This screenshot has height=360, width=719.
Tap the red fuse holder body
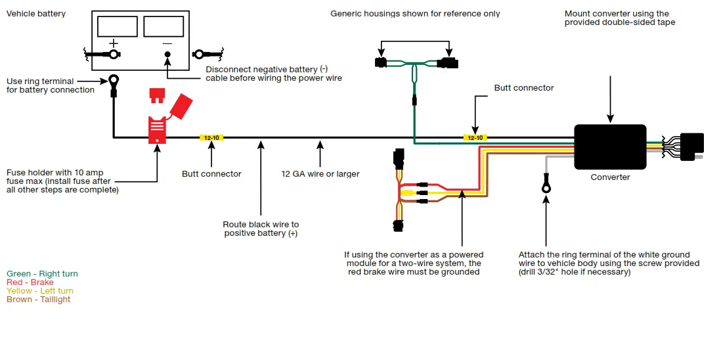point(157,130)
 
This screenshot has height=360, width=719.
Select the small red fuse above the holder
point(156,96)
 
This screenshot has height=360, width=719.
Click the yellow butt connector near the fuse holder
point(211,138)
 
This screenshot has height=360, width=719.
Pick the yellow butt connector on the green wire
point(474,138)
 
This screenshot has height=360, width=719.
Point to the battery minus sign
point(167,43)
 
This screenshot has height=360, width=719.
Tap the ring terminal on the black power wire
point(114,81)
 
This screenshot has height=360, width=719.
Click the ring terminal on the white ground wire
point(546,187)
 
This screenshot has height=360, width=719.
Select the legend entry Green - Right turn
point(42,274)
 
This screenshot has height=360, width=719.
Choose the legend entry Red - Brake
point(30,282)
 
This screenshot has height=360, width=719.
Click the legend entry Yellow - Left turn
point(40,291)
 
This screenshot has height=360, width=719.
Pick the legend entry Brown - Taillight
point(38,300)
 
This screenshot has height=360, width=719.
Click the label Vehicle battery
point(36,14)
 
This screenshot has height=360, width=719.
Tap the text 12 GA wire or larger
point(320,174)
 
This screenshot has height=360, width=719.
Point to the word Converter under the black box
point(610,177)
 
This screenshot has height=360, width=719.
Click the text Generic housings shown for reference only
point(415,14)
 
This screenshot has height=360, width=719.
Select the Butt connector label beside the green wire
point(524,88)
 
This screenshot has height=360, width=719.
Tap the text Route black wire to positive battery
point(261,229)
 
